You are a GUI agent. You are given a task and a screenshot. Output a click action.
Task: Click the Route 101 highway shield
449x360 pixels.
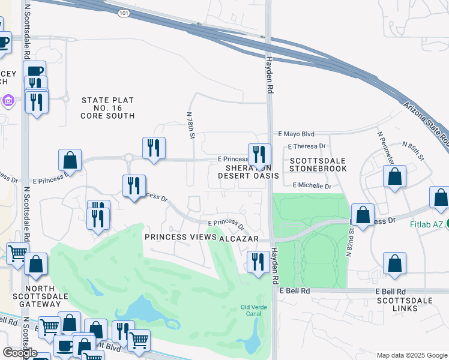click(x=123, y=12)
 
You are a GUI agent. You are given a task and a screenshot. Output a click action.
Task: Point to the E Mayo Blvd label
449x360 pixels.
click(x=297, y=134)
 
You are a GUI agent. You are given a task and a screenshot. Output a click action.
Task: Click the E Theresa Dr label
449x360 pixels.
click(x=306, y=146)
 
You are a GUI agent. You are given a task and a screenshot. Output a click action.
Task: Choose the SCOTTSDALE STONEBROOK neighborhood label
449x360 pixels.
click(x=318, y=165)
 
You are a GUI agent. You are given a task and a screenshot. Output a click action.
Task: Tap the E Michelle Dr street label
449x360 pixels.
click(x=312, y=186)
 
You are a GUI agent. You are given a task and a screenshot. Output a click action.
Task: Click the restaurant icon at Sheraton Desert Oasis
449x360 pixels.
click(x=259, y=155)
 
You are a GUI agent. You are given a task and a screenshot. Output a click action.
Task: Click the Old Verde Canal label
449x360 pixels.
click(x=253, y=311)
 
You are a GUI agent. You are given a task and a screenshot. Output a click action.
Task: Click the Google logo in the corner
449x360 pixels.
click(x=19, y=352)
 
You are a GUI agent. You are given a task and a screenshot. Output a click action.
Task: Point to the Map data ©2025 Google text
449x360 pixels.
click(x=411, y=355)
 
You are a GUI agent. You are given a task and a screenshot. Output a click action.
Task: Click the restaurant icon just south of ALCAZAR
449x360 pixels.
click(x=258, y=262)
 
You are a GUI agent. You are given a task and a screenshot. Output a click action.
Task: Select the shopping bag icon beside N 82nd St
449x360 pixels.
click(x=363, y=215)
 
